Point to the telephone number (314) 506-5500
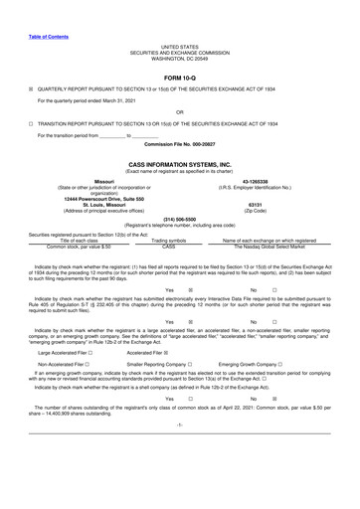click(x=179, y=218)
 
